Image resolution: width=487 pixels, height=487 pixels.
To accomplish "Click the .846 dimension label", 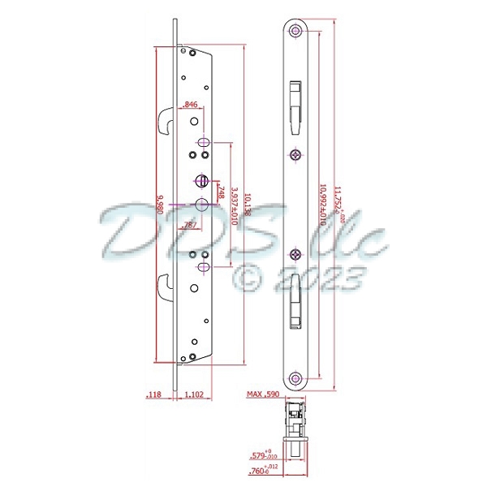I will pyautogui.click(x=191, y=105).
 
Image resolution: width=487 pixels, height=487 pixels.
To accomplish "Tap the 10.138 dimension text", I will pyautogui.click(x=247, y=203).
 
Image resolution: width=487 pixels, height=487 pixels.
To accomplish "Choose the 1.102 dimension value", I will pyautogui.click(x=194, y=395).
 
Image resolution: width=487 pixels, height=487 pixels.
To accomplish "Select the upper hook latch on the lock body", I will pyautogui.click(x=162, y=121).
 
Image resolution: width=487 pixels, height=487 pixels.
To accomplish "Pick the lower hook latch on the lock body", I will pyautogui.click(x=162, y=285).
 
